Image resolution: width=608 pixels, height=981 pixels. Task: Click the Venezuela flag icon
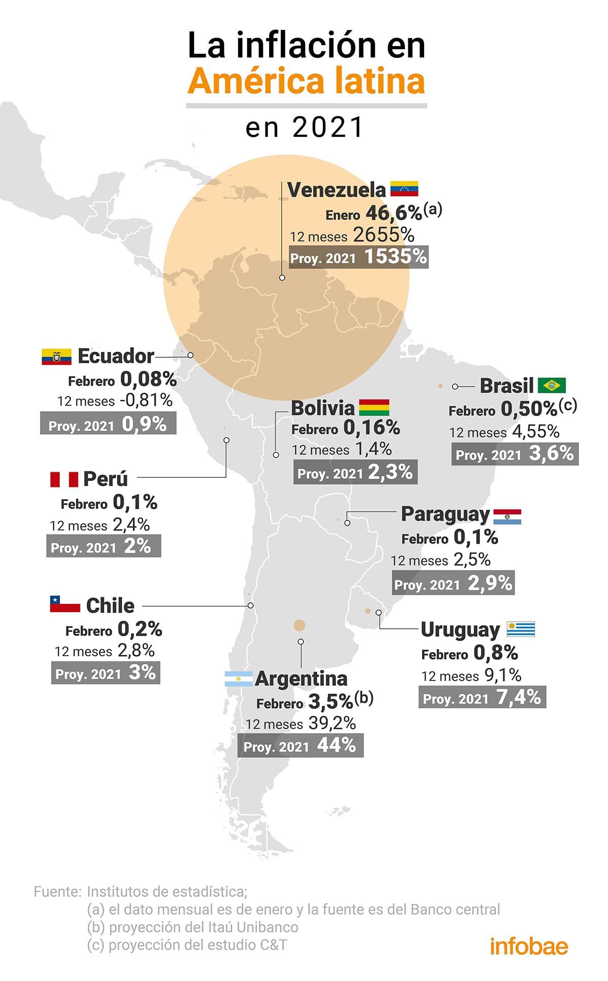(x=404, y=189)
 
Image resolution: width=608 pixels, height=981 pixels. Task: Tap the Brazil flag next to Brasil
(x=551, y=386)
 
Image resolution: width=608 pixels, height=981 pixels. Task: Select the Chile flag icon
(x=65, y=604)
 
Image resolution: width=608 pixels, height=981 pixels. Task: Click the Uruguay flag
(x=520, y=629)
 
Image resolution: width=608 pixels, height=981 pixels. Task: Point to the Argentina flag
(x=238, y=679)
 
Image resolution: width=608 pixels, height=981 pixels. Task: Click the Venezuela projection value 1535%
(x=396, y=256)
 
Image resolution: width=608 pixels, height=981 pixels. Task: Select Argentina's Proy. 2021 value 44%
(x=336, y=745)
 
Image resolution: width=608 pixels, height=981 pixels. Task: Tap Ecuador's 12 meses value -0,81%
(x=146, y=400)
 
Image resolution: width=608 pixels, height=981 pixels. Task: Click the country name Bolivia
(x=323, y=408)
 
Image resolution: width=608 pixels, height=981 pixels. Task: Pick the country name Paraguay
(x=445, y=514)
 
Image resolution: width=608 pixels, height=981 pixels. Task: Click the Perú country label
(x=105, y=479)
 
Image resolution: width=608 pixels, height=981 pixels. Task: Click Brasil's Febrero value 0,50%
(x=529, y=408)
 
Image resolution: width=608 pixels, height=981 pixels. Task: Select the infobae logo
(x=528, y=946)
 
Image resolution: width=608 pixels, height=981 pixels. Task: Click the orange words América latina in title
(x=306, y=82)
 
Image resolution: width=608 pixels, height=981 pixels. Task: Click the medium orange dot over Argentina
(x=299, y=625)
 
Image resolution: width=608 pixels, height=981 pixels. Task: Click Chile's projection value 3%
(x=142, y=672)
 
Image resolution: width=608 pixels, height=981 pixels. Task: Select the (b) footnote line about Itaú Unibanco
(x=193, y=927)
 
